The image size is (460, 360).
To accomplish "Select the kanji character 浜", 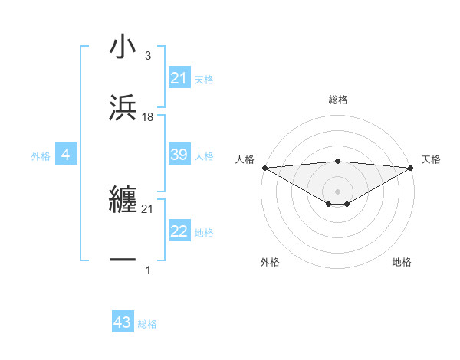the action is (123, 108).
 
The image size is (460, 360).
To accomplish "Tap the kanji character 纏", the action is (123, 200).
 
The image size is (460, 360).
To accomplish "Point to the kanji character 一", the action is (123, 260).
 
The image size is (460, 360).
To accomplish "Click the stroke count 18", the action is (148, 116).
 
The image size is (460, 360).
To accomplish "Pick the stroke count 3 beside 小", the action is (148, 55).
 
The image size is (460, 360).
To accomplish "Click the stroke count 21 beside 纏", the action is (148, 208).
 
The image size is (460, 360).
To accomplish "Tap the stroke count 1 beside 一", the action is (148, 270).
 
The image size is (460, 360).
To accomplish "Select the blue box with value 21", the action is (179, 78).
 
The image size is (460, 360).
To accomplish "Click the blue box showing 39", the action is (179, 155).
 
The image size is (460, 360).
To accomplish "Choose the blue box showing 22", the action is (179, 231).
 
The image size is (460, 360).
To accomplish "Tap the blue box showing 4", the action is (66, 155).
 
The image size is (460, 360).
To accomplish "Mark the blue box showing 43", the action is (123, 322).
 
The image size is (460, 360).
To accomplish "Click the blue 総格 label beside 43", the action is (147, 324).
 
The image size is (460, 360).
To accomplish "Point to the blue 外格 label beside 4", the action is (41, 155).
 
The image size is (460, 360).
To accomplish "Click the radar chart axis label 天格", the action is (431, 159).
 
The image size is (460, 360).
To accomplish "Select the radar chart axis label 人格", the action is (245, 159).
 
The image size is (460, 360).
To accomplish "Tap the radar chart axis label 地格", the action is (402, 262).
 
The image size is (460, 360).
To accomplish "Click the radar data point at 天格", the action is (411, 167).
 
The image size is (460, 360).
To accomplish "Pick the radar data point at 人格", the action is (264, 167).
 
